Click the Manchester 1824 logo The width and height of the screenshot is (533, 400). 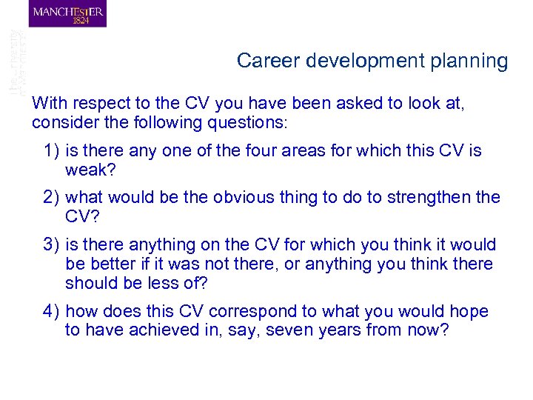click(67, 14)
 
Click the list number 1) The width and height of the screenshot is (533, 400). click(52, 151)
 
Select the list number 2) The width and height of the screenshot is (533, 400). click(52, 198)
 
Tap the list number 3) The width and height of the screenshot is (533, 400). click(52, 244)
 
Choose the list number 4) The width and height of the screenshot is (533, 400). click(52, 311)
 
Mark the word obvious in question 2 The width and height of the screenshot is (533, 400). click(244, 198)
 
